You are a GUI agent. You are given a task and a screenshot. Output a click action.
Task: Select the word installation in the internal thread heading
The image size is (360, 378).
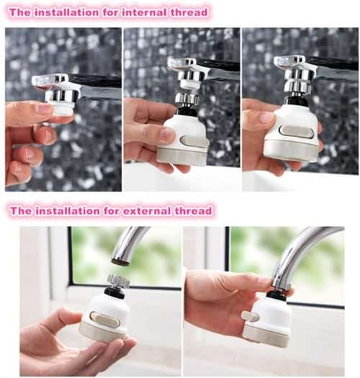click(72, 12)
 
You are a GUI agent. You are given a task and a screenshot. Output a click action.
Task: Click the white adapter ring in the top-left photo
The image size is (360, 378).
click(63, 109)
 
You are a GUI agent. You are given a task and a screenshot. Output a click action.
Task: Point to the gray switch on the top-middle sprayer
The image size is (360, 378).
click(194, 141)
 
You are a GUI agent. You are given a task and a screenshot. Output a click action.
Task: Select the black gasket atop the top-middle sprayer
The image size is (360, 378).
click(186, 112)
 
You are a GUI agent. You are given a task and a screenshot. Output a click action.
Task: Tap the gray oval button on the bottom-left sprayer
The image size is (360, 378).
click(105, 320)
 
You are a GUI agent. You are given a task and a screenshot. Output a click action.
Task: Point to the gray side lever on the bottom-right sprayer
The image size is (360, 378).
click(250, 316)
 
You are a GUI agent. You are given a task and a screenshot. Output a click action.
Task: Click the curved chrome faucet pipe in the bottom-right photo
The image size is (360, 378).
click(302, 248)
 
